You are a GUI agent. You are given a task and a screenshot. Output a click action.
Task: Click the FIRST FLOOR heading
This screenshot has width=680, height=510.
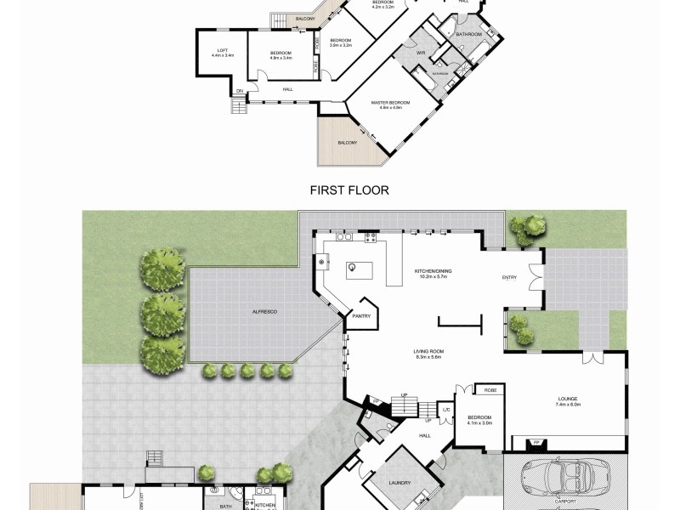click(x=350, y=190)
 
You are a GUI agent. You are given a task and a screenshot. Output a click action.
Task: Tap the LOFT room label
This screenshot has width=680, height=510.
click(x=222, y=50)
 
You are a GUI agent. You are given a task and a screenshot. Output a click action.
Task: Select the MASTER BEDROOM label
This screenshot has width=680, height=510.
click(x=390, y=103)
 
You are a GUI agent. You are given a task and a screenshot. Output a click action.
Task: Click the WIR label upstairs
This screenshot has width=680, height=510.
click(x=420, y=53)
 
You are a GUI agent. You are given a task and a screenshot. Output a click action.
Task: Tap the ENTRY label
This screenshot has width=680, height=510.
click(x=509, y=277)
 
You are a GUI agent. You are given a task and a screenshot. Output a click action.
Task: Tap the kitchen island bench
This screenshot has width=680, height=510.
click(x=354, y=270)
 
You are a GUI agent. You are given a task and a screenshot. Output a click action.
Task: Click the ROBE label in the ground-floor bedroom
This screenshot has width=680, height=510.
click(x=490, y=390)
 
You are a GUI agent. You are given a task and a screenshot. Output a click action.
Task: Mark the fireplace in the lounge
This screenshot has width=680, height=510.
click(x=537, y=442)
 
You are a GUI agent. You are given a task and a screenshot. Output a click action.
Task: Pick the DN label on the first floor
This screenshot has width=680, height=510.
click(x=240, y=90)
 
